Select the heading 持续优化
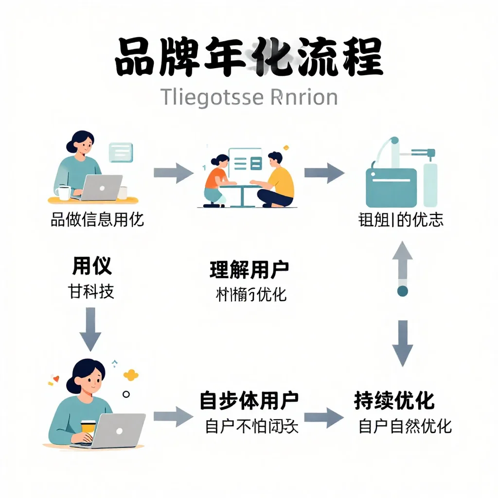coord(394,401)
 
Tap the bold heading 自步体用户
coord(249,401)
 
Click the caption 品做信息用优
coord(97,220)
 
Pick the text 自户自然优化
coord(405,426)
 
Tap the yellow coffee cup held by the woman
coord(88,426)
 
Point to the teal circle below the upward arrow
coord(402,291)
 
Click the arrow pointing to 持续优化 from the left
coord(323,417)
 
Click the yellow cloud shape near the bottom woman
coord(131,374)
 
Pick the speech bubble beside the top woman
coord(121,152)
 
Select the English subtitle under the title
coord(249,97)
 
